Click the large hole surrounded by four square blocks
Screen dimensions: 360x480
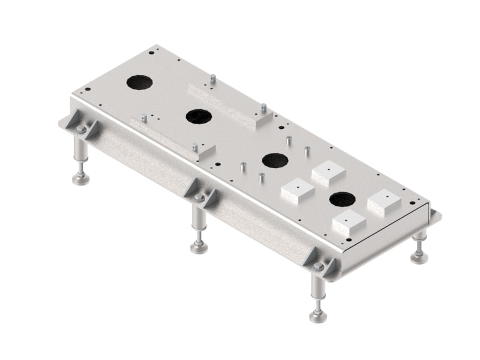click(343, 199)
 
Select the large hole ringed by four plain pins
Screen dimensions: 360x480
click(275, 160)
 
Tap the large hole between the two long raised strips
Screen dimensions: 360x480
click(198, 116)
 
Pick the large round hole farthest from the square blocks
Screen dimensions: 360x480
click(139, 82)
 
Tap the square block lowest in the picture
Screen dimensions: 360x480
click(349, 224)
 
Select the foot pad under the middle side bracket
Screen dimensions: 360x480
click(199, 247)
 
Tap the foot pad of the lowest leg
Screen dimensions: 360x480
click(318, 316)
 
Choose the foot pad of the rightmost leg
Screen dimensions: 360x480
click(419, 257)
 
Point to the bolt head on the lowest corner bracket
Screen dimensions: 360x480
click(319, 266)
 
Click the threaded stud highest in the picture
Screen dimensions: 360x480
click(213, 78)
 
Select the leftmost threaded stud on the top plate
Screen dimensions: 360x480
click(143, 117)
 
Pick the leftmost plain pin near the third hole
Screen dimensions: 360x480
click(243, 167)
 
